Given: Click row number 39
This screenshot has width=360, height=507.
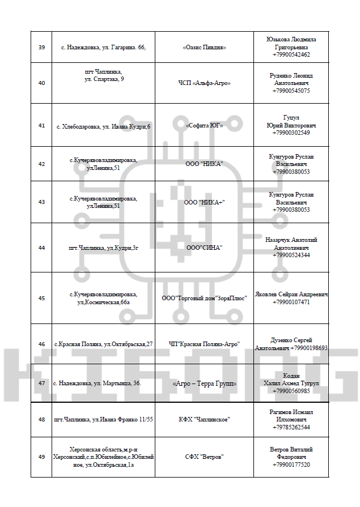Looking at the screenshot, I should [41, 47].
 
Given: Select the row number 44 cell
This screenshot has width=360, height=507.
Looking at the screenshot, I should [41, 248].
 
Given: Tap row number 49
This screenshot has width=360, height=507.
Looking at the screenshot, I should [41, 457].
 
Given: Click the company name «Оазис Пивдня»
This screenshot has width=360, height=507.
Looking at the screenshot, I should [204, 47].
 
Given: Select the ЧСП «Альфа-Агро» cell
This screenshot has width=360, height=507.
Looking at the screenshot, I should [204, 83].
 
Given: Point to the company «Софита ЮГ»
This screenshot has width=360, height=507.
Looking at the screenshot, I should [204, 125].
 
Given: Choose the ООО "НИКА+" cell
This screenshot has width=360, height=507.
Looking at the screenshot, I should [204, 202].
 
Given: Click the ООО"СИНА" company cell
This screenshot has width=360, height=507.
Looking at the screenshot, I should [204, 248].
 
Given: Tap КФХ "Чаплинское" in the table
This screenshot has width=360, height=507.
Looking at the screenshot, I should [204, 419].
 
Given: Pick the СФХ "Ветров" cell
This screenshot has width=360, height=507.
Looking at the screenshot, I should [204, 457].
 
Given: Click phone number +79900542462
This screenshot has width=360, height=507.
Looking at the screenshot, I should [291, 55].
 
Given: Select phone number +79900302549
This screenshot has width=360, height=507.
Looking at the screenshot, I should [291, 133].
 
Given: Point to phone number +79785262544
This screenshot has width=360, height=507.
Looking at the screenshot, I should [291, 427].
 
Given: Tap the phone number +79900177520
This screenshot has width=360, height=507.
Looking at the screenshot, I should [291, 465].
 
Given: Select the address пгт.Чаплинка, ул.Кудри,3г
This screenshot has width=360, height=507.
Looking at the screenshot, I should [103, 248].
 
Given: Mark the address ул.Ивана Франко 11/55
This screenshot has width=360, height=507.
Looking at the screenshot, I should [103, 419].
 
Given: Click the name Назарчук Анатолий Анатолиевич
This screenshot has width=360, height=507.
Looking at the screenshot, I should [291, 244].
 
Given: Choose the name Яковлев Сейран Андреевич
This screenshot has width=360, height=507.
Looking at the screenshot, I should [291, 295].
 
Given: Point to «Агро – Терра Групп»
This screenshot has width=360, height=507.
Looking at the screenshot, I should [204, 384].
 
